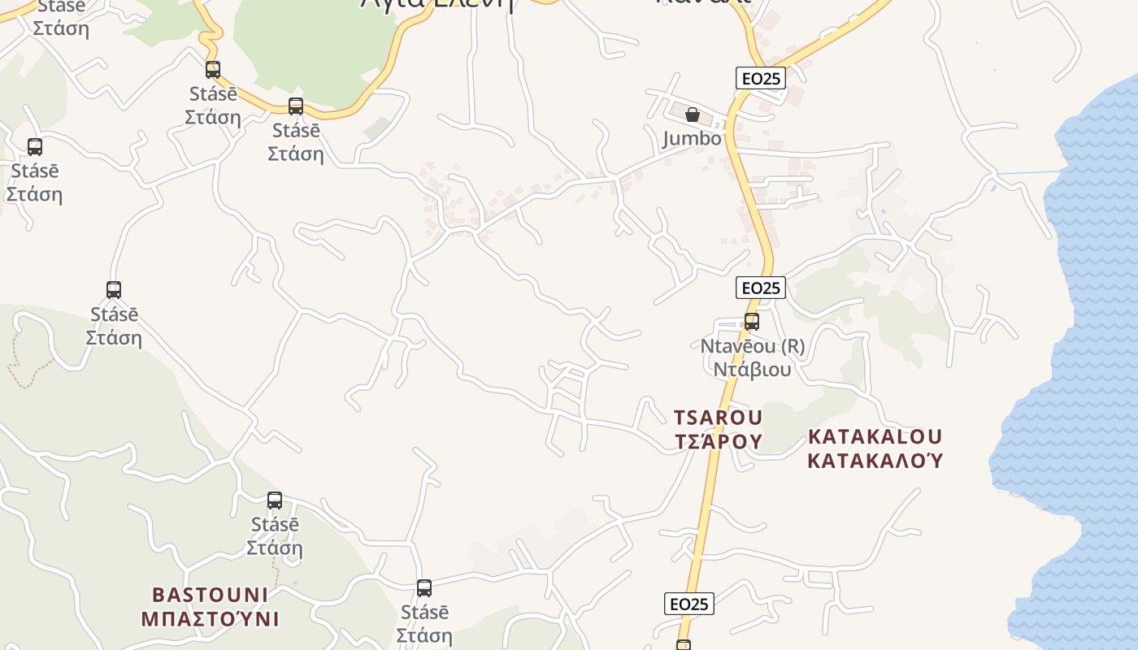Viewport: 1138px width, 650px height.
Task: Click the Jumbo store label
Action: pos(692,138)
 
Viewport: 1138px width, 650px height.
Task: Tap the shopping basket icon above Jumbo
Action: pos(693,115)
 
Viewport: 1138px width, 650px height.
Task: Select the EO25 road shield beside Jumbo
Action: pos(762,78)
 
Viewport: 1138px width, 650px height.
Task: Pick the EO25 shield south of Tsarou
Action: pos(689,604)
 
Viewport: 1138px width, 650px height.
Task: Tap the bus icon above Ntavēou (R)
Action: pos(752,322)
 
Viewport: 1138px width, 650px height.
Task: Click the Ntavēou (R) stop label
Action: pos(753,346)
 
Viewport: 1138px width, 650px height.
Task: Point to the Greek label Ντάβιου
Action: pos(753,370)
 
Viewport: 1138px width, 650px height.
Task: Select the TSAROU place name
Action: pos(719,418)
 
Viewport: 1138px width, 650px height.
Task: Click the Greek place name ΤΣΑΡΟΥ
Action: pos(719,441)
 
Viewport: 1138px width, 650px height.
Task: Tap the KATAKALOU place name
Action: pos(875,436)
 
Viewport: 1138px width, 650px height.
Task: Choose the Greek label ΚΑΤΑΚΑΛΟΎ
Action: pos(875,461)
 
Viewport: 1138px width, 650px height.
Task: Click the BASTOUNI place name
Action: pos(211,595)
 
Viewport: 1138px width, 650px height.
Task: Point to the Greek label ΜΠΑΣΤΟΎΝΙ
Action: pos(211,619)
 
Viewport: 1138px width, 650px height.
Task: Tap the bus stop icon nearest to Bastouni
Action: pos(275,500)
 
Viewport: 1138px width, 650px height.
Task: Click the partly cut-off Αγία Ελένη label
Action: pos(438,4)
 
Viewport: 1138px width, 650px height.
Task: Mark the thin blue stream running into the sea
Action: pos(1029,172)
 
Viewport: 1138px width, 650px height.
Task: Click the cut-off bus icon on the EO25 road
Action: pos(684,645)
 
